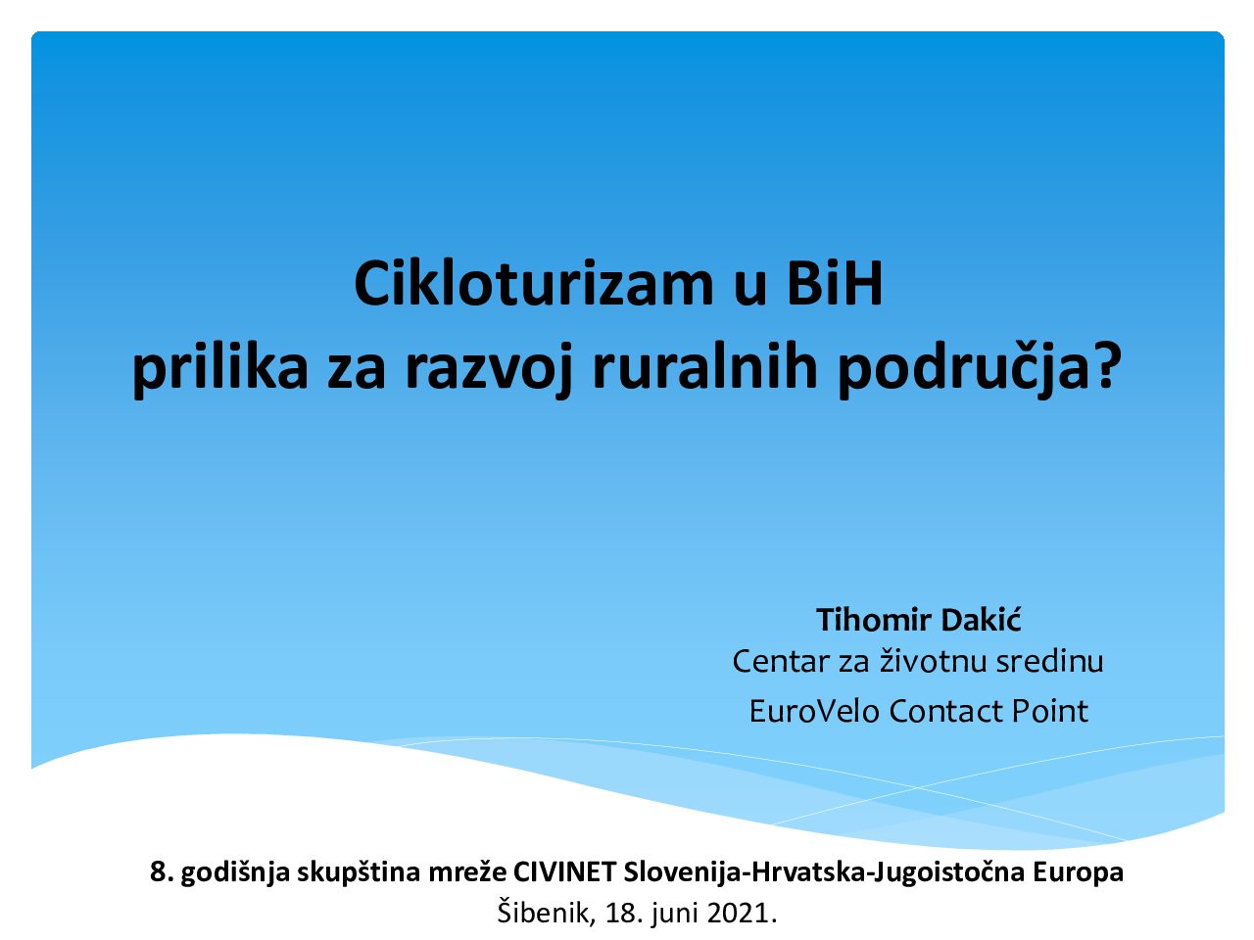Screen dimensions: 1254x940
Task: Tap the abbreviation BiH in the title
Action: pyautogui.click(x=835, y=284)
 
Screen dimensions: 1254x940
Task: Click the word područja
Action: pyautogui.click(x=963, y=369)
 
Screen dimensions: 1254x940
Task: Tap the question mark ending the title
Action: pyautogui.click(x=1106, y=366)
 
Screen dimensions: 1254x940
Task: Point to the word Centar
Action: pyautogui.click(x=781, y=662)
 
